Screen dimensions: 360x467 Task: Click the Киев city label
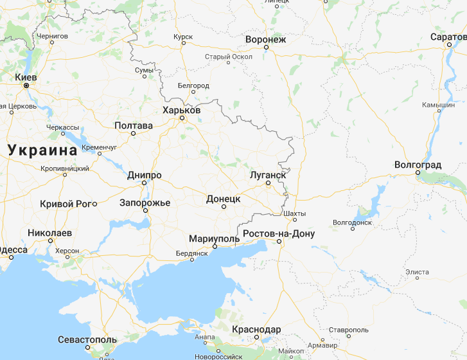(x=26, y=76)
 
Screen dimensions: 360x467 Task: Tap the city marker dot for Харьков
(x=182, y=119)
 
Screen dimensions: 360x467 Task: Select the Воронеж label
(x=265, y=40)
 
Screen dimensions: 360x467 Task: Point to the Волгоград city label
(x=418, y=165)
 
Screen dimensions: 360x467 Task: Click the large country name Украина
(x=42, y=150)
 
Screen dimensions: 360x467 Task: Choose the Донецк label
(x=223, y=199)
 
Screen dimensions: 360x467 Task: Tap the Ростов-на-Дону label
(x=278, y=233)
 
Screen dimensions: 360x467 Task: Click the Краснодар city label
(x=256, y=329)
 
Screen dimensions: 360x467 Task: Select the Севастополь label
(x=87, y=339)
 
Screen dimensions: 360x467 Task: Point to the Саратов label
(x=449, y=37)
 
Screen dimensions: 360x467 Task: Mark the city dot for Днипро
(x=145, y=183)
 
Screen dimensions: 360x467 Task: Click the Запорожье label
(x=145, y=203)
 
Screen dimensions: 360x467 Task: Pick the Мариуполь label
(x=214, y=239)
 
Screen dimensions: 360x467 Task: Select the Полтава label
(x=134, y=125)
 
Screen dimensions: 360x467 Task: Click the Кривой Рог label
(x=66, y=203)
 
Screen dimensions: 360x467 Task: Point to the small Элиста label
(x=418, y=273)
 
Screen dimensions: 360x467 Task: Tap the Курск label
(x=182, y=37)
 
